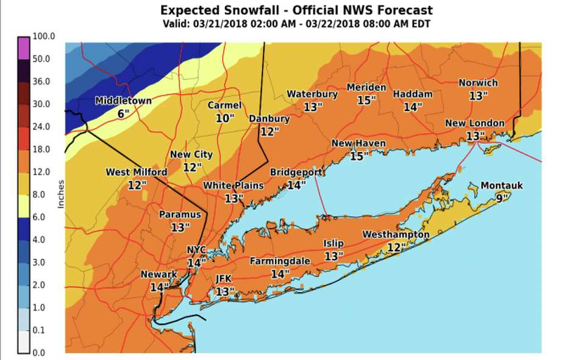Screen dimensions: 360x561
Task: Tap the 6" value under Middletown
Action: point(124,113)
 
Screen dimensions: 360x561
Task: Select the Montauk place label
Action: point(501,185)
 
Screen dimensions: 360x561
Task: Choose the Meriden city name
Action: point(366,87)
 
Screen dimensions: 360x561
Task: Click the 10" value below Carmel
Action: point(225,118)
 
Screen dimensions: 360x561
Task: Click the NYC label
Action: point(196,250)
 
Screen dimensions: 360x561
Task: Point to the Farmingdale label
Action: point(280,261)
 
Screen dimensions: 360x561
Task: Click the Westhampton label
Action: point(396,234)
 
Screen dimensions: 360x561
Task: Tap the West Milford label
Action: point(136,172)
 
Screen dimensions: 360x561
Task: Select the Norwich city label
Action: point(478,82)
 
